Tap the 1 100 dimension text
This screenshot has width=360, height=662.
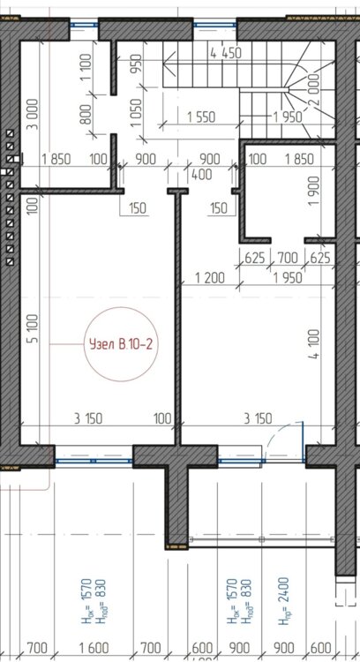(86, 67)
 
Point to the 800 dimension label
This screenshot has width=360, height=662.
(86, 116)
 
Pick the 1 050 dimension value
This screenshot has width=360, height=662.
(136, 112)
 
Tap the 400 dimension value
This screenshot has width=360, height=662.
(201, 175)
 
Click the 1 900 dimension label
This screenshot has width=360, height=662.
(313, 191)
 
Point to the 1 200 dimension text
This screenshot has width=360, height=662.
(209, 278)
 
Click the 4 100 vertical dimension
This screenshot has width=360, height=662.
(313, 344)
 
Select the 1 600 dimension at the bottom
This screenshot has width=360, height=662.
(94, 648)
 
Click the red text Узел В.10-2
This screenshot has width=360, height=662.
(120, 345)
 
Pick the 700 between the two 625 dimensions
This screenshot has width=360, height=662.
(288, 257)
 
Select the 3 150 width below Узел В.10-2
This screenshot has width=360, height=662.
(87, 418)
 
